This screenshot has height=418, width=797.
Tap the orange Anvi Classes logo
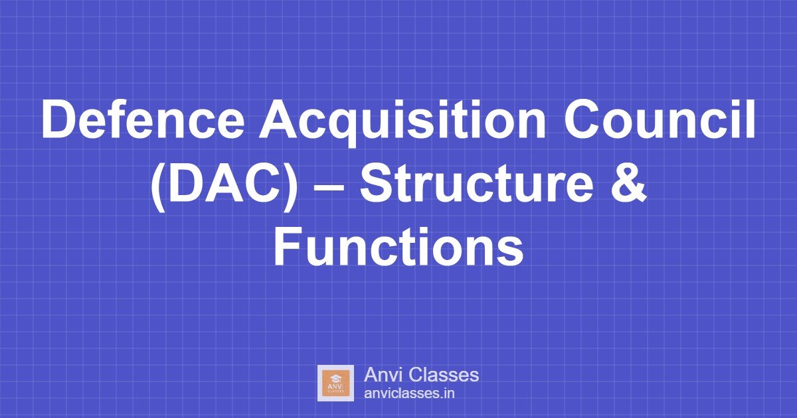tap(335, 383)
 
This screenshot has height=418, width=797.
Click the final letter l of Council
tap(751, 121)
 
